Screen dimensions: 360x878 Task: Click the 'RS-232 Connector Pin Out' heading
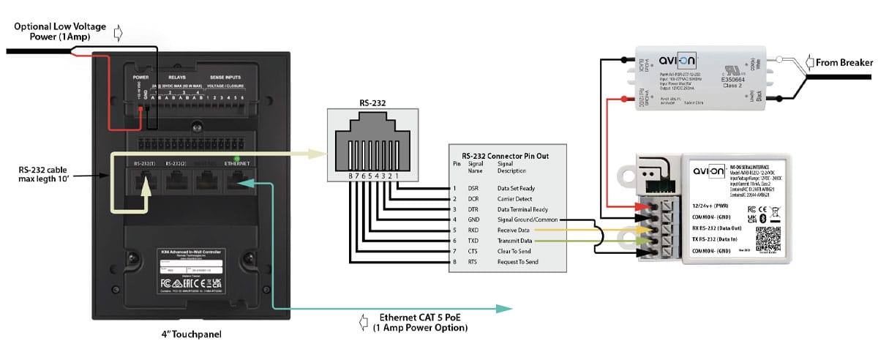coord(506,155)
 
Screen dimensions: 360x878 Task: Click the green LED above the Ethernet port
coord(236,157)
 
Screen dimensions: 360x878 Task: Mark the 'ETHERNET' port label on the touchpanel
coord(237,164)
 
